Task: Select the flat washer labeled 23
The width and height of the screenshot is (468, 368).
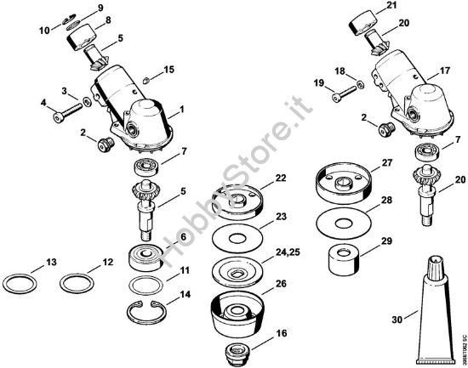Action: (x=237, y=235)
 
